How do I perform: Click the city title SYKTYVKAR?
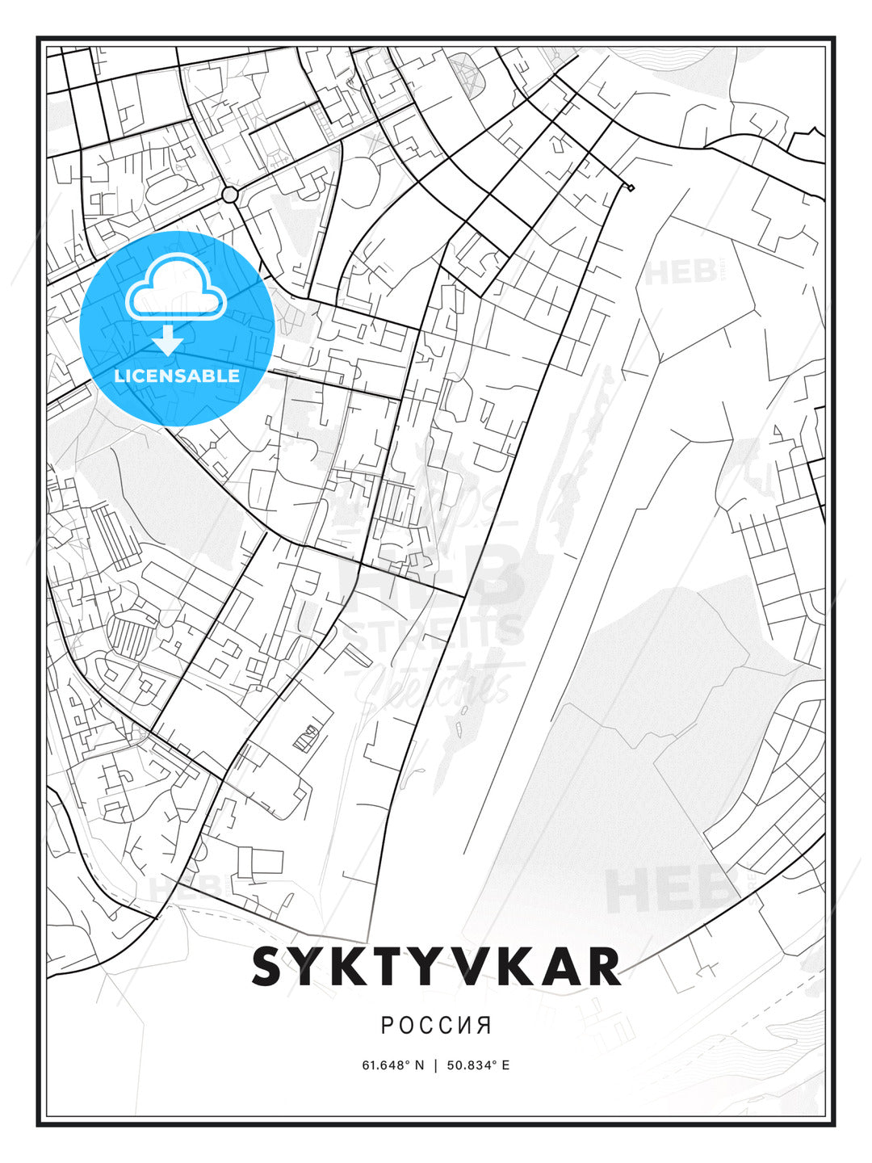click(436, 967)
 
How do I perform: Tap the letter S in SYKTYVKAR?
click(270, 967)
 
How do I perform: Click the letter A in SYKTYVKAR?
click(556, 967)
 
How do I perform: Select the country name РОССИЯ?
click(436, 1026)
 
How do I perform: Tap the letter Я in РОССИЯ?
click(484, 1026)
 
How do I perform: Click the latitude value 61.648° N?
click(392, 1065)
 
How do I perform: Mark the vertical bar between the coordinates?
click(436, 1065)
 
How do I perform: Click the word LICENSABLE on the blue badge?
click(177, 376)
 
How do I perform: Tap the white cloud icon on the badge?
click(175, 288)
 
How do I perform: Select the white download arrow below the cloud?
click(168, 340)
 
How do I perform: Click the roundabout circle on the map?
click(229, 195)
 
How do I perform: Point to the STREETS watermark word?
click(434, 633)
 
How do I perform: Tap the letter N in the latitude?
click(419, 1065)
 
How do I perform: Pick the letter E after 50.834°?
click(505, 1065)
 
